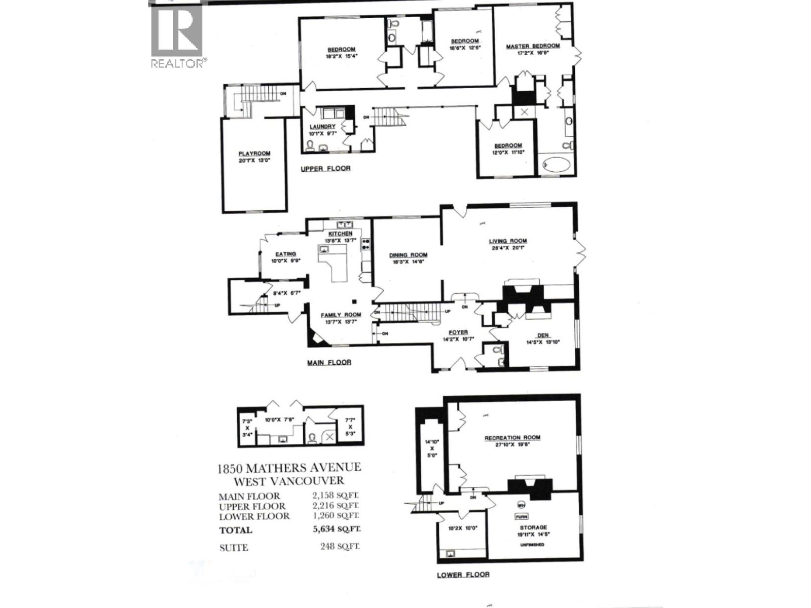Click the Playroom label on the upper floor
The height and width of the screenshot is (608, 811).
[254, 154]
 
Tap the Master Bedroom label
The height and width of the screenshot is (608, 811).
[533, 46]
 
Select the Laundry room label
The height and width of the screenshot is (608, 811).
[322, 127]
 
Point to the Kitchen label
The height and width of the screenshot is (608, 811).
[340, 234]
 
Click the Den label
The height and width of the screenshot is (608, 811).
[543, 335]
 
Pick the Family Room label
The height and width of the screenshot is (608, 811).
[341, 315]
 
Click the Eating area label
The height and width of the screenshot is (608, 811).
[286, 254]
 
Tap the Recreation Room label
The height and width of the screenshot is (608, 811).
[512, 438]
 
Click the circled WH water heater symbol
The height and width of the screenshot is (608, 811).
[521, 505]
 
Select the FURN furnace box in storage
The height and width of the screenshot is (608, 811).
[521, 517]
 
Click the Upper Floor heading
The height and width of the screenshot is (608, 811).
[325, 168]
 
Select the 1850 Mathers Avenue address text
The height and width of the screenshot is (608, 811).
[289, 468]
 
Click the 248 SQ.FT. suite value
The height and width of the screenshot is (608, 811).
[340, 547]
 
